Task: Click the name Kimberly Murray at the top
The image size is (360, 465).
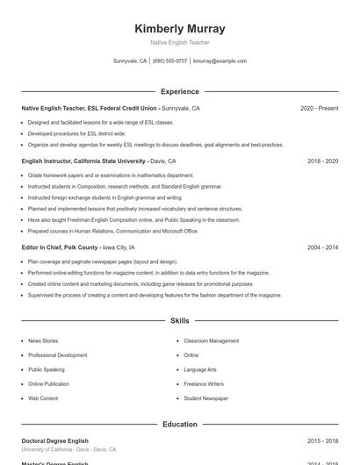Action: tap(180, 29)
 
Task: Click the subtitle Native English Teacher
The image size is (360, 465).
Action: tap(180, 42)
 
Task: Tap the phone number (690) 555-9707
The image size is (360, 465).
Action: tap(169, 61)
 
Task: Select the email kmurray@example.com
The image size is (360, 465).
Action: tap(220, 61)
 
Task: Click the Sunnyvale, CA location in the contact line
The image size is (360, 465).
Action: tap(130, 61)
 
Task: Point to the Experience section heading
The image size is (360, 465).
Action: tap(180, 91)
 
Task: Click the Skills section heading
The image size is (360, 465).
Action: tap(180, 321)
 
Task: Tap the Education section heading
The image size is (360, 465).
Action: tap(180, 425)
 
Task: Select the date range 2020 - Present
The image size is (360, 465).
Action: tap(319, 109)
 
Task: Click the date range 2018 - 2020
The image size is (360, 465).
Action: tap(322, 161)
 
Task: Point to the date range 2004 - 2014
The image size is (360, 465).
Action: tap(322, 248)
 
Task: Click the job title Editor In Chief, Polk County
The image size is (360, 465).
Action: tap(60, 248)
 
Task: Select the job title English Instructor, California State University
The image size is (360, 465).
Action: tap(84, 161)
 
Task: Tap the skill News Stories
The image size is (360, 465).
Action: tap(43, 340)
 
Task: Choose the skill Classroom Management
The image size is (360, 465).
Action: tap(211, 340)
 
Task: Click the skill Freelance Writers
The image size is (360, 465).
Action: tap(204, 384)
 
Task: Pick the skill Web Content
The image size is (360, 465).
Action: tap(43, 398)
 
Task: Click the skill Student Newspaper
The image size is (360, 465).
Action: tap(205, 398)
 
